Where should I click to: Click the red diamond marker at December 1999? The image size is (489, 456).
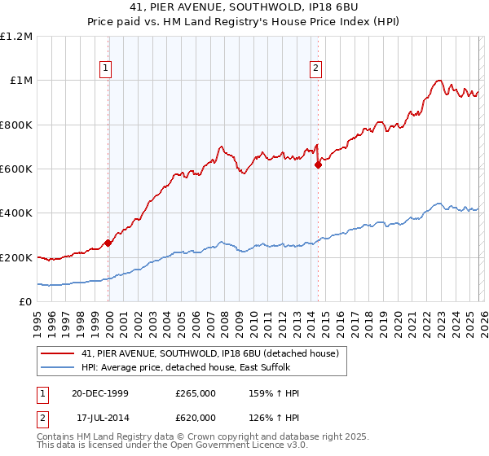click(108, 243)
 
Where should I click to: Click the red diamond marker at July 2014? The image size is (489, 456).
click(318, 164)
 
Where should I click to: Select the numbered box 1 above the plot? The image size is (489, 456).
click(107, 68)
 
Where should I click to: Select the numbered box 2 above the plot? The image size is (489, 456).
click(315, 68)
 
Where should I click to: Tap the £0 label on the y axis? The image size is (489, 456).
click(24, 302)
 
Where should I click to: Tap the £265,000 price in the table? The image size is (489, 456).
click(196, 393)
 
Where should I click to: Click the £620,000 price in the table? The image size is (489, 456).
click(196, 417)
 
